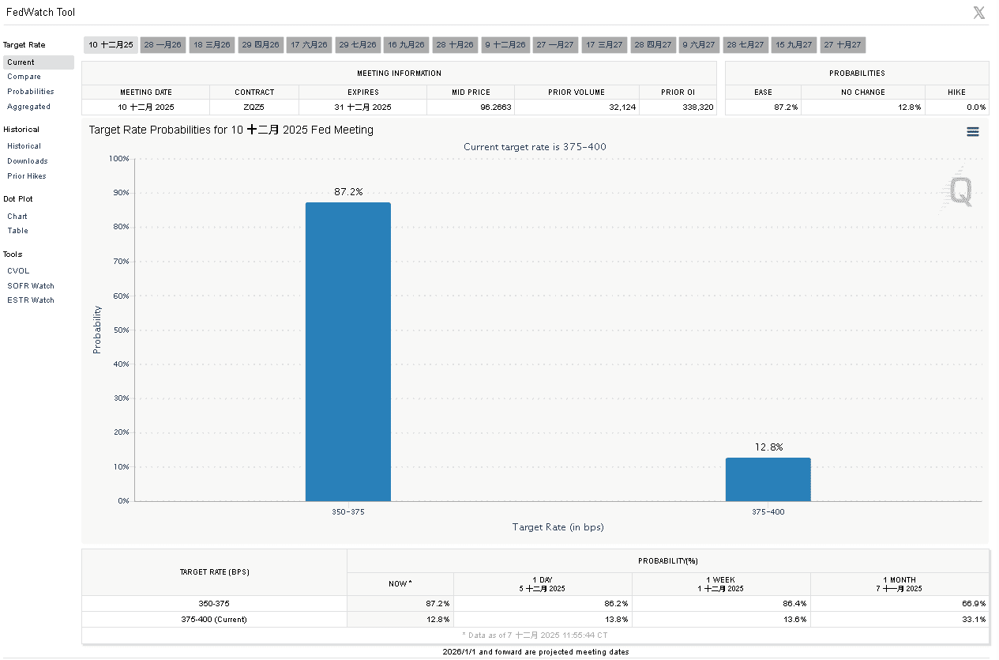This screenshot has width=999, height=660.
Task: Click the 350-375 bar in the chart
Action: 347,352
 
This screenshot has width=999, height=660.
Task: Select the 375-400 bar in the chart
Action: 768,479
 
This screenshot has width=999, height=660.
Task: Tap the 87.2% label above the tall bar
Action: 347,192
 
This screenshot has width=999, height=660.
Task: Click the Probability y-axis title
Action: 97,329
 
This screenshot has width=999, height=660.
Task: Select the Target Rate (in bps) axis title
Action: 558,526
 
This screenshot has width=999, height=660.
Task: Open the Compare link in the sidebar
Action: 24,77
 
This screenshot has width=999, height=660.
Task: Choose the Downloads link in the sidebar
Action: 27,161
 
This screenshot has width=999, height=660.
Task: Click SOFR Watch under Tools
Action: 31,286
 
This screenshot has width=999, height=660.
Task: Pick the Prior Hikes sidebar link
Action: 27,176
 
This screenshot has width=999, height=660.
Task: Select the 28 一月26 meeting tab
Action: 163,45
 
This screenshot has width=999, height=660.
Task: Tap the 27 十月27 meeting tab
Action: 842,45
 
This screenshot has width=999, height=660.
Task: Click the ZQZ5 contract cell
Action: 254,107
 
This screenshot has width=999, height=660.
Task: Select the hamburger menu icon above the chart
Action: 972,132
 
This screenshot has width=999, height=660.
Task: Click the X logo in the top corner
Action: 978,13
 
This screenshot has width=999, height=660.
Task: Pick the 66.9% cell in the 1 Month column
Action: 974,603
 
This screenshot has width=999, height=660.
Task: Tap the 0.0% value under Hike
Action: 975,107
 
